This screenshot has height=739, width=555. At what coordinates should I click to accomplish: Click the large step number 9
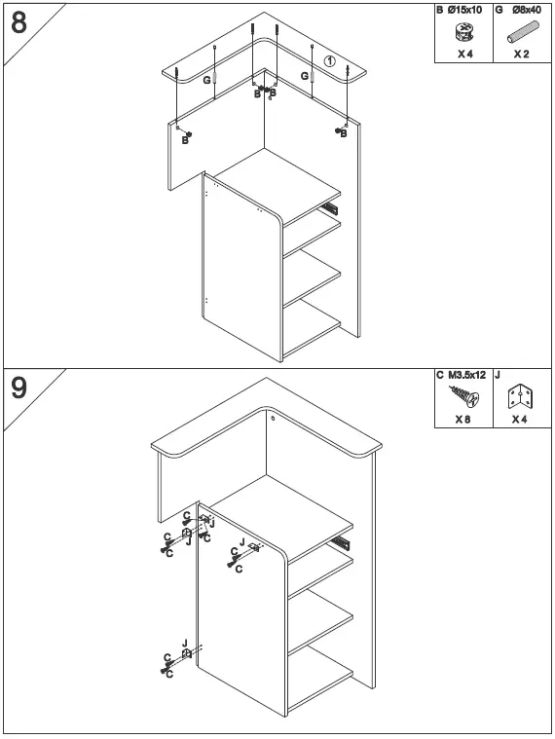pos(19,388)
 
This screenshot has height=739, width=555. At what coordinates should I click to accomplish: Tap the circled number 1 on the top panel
pos(329,61)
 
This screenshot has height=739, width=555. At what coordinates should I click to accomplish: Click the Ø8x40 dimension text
pos(528,10)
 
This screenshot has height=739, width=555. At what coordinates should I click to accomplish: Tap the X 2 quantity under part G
pos(522,55)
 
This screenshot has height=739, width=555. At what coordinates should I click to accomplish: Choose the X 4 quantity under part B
pos(464,55)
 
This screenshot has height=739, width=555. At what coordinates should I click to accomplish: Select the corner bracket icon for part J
pos(521,398)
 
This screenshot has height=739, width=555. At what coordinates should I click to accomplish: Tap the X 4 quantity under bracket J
pos(521,420)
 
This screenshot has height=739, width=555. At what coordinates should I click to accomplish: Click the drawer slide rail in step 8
pos(331,207)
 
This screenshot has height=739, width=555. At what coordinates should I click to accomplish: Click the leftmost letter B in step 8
pos(184,140)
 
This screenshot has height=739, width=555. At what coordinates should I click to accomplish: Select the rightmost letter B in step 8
pos(344,134)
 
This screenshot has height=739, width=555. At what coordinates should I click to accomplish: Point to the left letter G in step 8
pos(207,81)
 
